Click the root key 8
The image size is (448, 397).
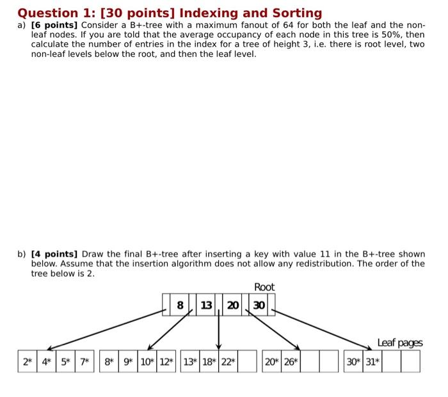(x=180, y=306)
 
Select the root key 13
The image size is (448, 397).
(x=206, y=306)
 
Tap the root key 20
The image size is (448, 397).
(x=233, y=306)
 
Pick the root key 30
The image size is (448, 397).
(x=259, y=306)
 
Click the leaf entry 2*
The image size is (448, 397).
(x=28, y=361)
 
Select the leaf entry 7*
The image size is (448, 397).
(x=84, y=361)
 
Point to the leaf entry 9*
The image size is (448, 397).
(x=128, y=361)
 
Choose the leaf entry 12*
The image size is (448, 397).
(x=166, y=361)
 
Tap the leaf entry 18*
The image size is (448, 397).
(x=209, y=361)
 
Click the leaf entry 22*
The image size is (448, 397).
(x=228, y=361)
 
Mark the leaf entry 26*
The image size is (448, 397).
(x=291, y=361)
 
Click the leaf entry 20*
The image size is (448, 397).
(x=271, y=361)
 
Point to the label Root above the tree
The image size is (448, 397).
(x=264, y=287)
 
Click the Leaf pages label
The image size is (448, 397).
(x=400, y=343)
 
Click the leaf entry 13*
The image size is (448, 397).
(x=190, y=361)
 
